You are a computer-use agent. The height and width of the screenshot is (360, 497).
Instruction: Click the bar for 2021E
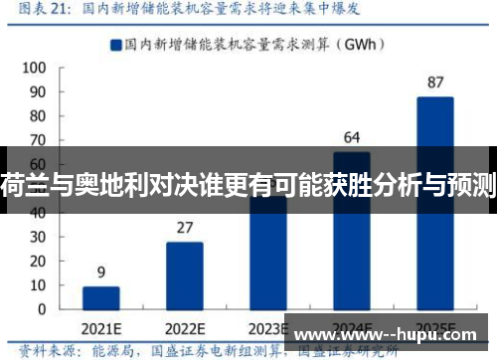(100, 297)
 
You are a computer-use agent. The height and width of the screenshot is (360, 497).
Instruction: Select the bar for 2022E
(184, 274)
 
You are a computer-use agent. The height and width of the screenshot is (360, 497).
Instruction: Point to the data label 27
(184, 228)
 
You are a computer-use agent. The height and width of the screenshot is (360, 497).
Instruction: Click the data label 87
(435, 83)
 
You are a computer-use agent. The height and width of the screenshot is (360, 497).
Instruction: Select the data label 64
(352, 136)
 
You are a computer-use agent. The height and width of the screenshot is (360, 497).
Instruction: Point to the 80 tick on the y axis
(36, 116)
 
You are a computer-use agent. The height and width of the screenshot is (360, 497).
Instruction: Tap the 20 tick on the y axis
(36, 261)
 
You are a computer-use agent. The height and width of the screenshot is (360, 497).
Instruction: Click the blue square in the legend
(116, 44)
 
